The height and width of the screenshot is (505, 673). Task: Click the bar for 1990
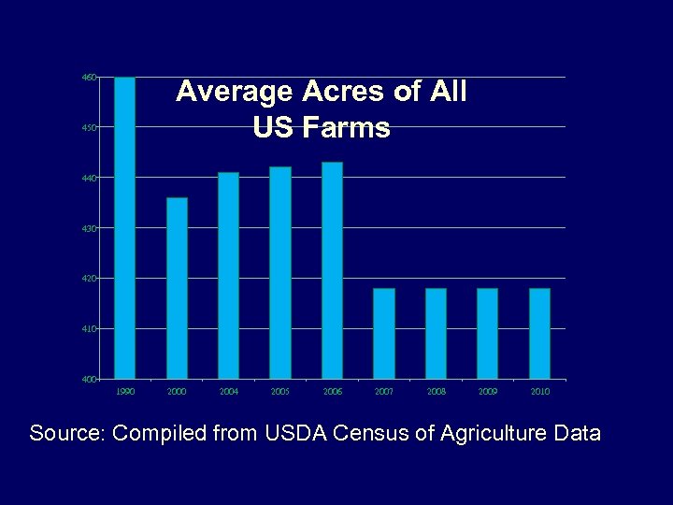tap(124, 227)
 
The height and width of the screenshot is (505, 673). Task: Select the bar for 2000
tap(177, 288)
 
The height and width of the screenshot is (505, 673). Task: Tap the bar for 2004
tap(228, 275)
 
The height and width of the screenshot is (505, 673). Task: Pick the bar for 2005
tap(280, 272)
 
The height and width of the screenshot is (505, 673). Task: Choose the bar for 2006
tap(332, 270)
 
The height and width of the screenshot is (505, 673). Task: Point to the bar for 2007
tap(384, 333)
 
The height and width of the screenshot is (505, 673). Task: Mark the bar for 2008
tap(436, 333)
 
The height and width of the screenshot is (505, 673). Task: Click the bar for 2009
tap(487, 333)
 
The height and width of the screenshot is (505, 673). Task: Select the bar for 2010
tap(539, 333)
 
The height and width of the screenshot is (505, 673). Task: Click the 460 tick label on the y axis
tap(89, 77)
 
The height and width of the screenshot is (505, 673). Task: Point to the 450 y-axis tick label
tap(89, 127)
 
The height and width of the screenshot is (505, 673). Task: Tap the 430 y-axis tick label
tap(89, 228)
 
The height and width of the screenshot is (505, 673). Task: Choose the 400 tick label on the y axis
tap(89, 380)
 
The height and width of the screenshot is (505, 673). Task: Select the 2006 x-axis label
tap(332, 392)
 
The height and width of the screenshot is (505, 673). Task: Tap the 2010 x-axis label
tap(539, 392)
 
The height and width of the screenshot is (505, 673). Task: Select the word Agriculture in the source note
tap(490, 434)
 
